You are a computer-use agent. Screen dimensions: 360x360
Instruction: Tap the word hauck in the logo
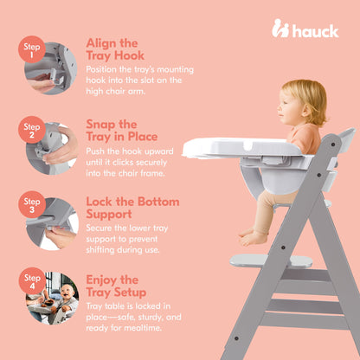pyautogui.click(x=314, y=30)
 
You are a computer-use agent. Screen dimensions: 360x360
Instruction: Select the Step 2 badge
pyautogui.click(x=33, y=131)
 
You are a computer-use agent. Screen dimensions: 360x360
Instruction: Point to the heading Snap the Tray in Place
pyautogui.click(x=120, y=130)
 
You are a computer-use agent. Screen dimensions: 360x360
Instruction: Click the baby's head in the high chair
pyautogui.click(x=304, y=103)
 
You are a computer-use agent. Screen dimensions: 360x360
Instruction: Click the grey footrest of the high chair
pyautogui.click(x=271, y=260)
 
